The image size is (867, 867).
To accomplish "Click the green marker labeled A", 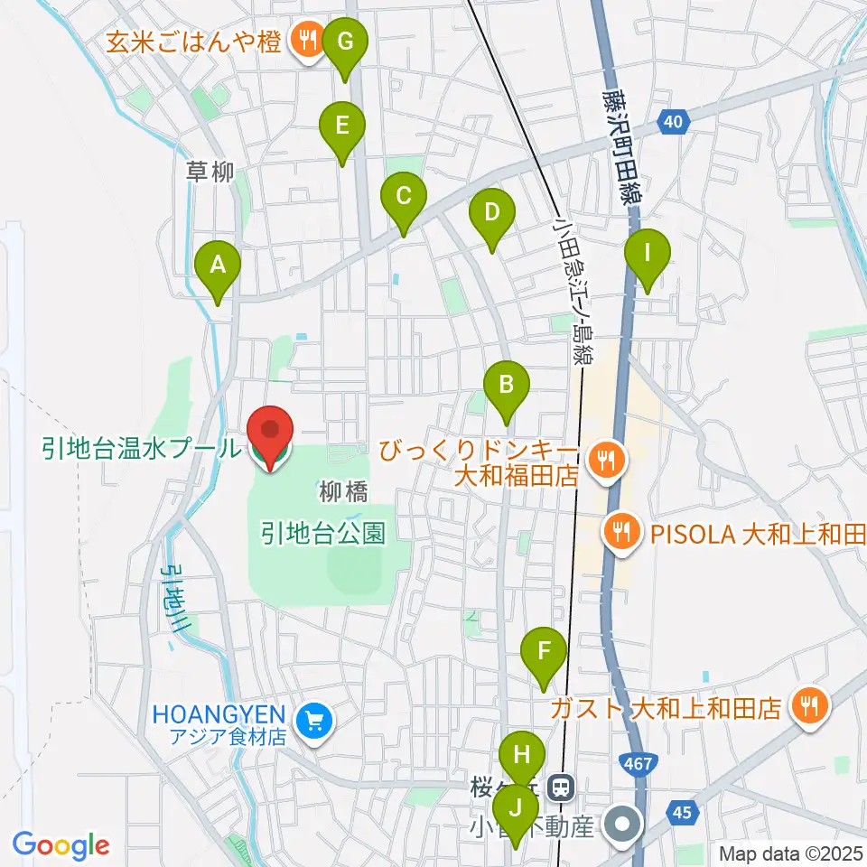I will pos(218,266).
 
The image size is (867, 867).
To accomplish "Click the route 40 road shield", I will pos(675,120).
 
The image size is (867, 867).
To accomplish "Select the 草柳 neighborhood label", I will pos(210,171).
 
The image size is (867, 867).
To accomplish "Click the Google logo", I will pos(61,844).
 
